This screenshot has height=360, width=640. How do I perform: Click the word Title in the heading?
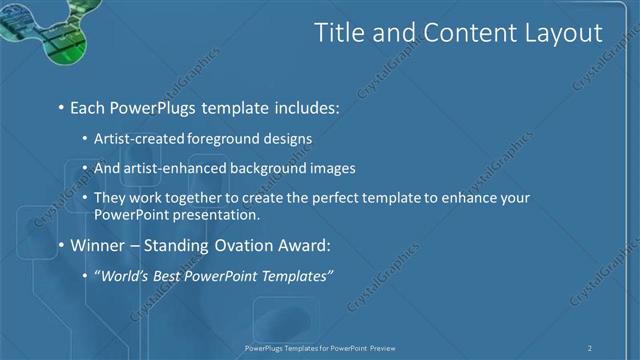pos(340,33)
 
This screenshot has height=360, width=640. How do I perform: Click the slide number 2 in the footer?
pos(590,348)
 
